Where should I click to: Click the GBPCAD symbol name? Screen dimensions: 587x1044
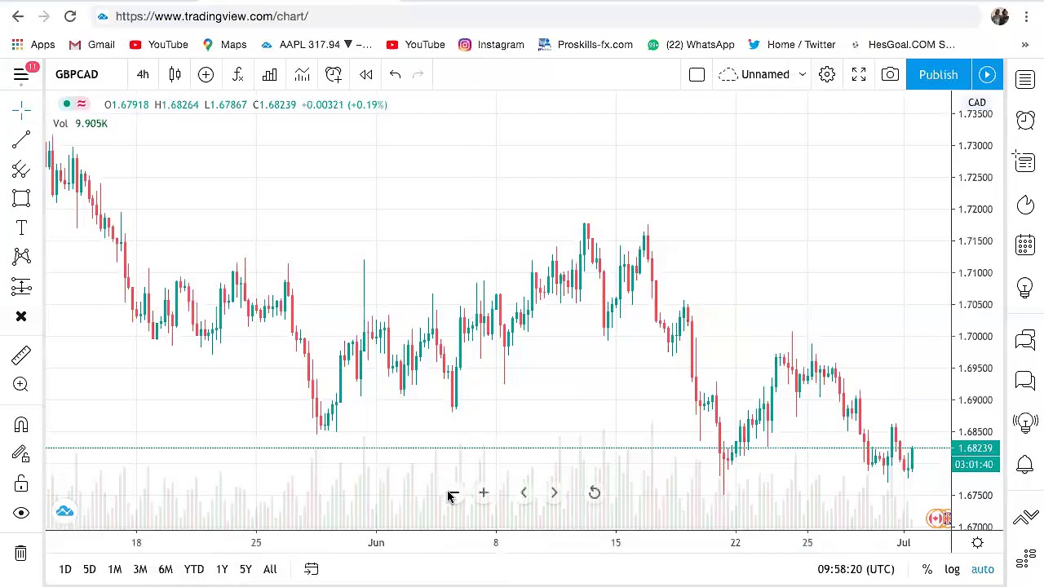coord(77,74)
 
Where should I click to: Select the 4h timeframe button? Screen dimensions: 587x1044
coord(143,74)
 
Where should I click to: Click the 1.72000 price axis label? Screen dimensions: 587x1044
coord(975,209)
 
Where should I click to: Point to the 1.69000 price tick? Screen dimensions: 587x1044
coord(975,399)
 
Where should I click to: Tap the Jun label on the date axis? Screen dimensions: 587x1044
coord(376,542)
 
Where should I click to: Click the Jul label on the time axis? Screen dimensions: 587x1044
coord(903,542)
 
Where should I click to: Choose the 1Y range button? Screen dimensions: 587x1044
coord(222,569)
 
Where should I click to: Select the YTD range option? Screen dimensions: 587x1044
coord(193,569)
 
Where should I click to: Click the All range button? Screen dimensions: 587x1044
coord(270,569)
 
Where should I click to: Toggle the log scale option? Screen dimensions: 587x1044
coord(952,569)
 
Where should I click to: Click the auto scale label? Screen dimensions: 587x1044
coord(982,569)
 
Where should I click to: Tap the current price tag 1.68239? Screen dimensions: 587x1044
coord(976,448)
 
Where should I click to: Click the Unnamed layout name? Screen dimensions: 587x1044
coord(765,74)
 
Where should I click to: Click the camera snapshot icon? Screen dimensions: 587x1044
coord(890,74)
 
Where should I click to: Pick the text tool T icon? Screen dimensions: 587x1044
coord(21,227)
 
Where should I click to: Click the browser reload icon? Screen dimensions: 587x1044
coord(70,16)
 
